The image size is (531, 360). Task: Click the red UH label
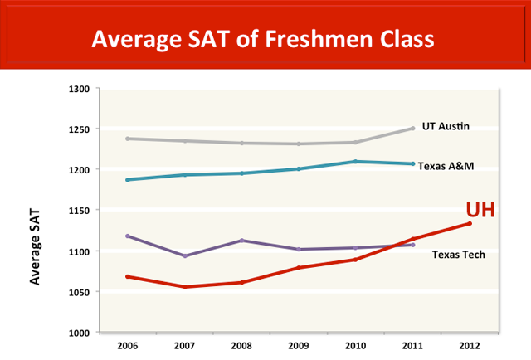coord(480,211)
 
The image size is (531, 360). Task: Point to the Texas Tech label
coord(459,254)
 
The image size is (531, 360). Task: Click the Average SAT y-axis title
coord(36,247)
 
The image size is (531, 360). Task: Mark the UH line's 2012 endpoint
coord(470,223)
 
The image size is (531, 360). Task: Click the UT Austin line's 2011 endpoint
coord(412,129)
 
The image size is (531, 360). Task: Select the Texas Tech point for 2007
coord(184,256)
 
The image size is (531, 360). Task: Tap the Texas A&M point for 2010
coord(355,161)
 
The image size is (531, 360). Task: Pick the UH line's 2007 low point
coord(184,287)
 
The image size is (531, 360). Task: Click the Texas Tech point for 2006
coord(127,236)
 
